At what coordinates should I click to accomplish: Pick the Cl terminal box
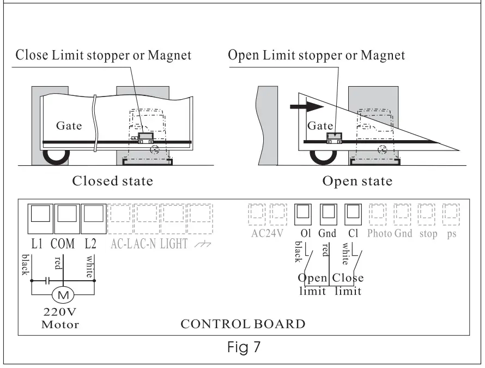pos(353,215)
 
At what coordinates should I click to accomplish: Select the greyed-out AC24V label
pos(266,234)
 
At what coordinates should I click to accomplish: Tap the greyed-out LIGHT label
pos(173,244)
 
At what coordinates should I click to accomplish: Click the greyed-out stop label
pos(428,234)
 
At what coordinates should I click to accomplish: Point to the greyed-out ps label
pos(451,234)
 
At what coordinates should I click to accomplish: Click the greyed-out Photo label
pos(379,234)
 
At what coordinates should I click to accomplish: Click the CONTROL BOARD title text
pos(243,324)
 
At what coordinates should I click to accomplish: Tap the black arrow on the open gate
pos(306,106)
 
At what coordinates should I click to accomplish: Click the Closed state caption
pos(112,180)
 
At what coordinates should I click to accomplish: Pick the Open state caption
pos(357,180)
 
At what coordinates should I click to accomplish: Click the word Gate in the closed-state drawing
pos(69,126)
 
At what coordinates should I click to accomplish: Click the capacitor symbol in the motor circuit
pos(47,281)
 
